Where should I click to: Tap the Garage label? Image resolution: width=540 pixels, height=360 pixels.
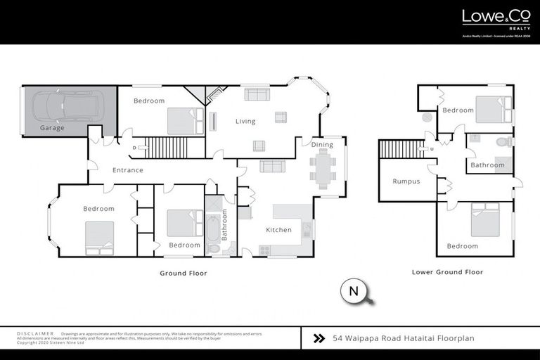click(x=52, y=129)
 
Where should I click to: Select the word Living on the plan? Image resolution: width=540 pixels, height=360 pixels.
click(x=245, y=122)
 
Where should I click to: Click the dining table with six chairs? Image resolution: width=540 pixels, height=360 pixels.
click(x=323, y=169)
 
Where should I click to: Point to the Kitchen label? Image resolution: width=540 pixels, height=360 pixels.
click(x=278, y=230)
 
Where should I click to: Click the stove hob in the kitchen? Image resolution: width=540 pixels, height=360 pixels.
click(x=265, y=250)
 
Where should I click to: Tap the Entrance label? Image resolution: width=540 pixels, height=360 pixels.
click(x=128, y=170)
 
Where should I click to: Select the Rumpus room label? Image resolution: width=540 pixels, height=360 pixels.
click(x=406, y=181)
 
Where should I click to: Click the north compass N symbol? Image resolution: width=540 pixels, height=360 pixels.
click(x=353, y=291)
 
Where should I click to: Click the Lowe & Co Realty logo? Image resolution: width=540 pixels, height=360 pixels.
click(x=491, y=19)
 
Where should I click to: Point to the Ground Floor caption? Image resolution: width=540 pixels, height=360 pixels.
click(x=182, y=273)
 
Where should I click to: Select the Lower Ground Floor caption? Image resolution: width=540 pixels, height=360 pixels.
click(x=447, y=272)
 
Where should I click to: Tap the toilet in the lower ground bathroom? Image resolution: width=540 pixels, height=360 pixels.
click(x=503, y=142)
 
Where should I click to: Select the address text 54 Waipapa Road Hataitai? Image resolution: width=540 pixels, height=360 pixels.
click(x=403, y=338)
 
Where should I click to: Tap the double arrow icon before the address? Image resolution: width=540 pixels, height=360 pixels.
click(x=319, y=338)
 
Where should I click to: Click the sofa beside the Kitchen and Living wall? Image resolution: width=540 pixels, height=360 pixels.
click(x=272, y=167)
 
